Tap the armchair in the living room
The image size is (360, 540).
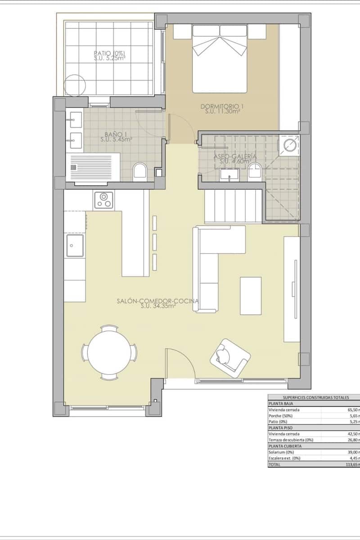pyautogui.click(x=229, y=356)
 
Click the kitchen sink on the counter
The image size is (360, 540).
pyautogui.click(x=75, y=245)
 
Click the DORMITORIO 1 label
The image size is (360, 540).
pyautogui.click(x=222, y=107)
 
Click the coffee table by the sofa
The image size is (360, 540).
pyautogui.click(x=251, y=296)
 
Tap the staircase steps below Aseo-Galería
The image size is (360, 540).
pyautogui.click(x=234, y=206)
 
